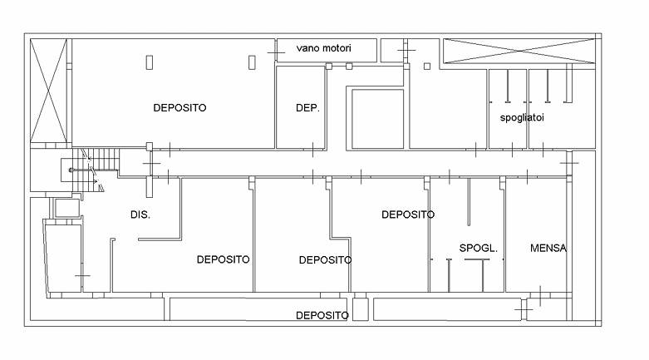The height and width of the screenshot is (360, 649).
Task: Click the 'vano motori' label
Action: pyautogui.click(x=324, y=48)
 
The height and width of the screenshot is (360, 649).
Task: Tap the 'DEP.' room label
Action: pyautogui.click(x=307, y=108)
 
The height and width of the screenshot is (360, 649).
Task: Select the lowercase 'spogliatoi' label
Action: pyautogui.click(x=522, y=118)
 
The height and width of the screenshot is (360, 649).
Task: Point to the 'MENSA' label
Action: pyautogui.click(x=548, y=248)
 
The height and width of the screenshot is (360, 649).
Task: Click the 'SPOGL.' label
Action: pyautogui.click(x=478, y=248)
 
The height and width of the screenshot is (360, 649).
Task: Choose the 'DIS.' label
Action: pyautogui.click(x=140, y=215)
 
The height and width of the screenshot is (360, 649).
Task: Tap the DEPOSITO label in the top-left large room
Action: pyautogui.click(x=179, y=108)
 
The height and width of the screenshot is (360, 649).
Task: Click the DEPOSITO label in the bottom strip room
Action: pyautogui.click(x=322, y=316)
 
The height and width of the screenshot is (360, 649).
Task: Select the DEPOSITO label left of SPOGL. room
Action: pyautogui.click(x=408, y=215)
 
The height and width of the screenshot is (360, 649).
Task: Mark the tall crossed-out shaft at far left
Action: pyautogui.click(x=49, y=91)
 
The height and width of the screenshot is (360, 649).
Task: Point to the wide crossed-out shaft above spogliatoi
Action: pyautogui.click(x=519, y=51)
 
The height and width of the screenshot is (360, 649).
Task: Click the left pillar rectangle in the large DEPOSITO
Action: pyautogui.click(x=150, y=62)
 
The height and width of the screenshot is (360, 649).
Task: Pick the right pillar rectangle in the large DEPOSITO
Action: pyautogui.click(x=252, y=62)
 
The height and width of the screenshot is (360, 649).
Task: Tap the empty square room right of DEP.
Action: pyautogui.click(x=377, y=119)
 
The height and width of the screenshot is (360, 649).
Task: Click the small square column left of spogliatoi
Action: pyautogui.click(x=427, y=67)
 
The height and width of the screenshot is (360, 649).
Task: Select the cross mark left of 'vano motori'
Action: pyautogui.click(x=276, y=52)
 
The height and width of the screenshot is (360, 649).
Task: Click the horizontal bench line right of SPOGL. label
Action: pyautogui.click(x=477, y=259)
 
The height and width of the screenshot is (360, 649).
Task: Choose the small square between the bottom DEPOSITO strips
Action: pyautogui.click(x=361, y=309)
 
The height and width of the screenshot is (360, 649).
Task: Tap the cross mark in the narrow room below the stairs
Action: pyautogui.click(x=82, y=275)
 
